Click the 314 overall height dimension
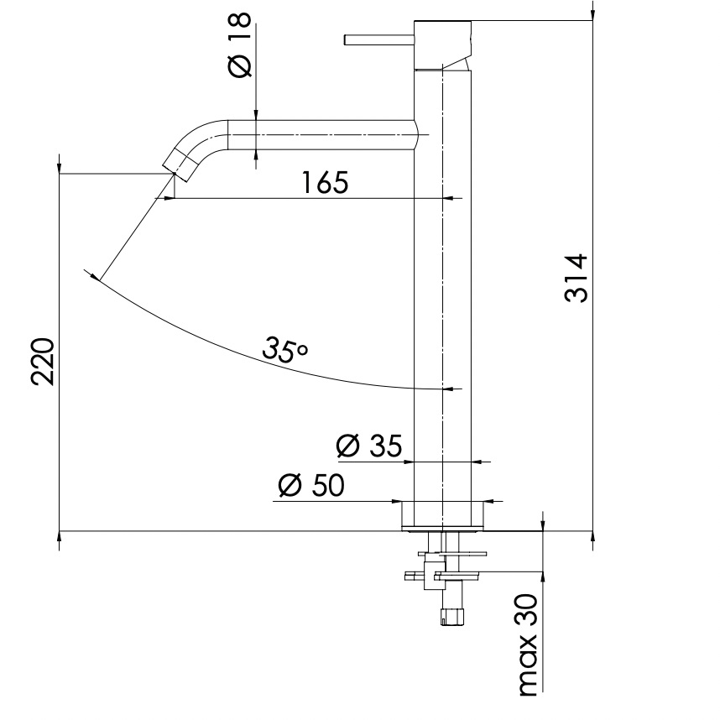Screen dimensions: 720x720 (577, 278)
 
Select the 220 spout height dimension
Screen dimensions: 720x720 (44, 361)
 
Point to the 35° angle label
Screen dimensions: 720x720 (284, 348)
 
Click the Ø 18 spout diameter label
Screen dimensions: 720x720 (241, 47)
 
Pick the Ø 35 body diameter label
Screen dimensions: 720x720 (369, 446)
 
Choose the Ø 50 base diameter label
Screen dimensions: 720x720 (310, 486)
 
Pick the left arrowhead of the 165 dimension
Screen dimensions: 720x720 (169, 198)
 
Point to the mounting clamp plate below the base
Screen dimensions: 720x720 (457, 554)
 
